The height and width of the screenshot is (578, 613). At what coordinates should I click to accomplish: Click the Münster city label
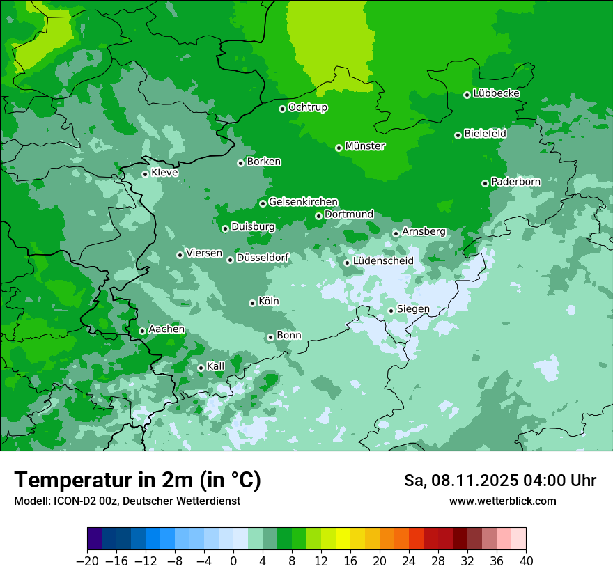[365, 146]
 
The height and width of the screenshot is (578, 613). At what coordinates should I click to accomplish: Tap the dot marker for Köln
[252, 303]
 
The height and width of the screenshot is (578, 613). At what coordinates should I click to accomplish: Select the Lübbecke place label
[496, 93]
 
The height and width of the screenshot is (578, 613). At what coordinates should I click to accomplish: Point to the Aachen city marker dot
[142, 331]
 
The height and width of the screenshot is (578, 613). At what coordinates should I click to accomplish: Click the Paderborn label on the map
[515, 182]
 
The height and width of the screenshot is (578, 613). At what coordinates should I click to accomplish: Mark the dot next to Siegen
[391, 311]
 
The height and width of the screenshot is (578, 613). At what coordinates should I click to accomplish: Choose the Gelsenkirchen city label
[303, 202]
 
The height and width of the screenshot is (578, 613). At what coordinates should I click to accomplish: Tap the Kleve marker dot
[145, 174]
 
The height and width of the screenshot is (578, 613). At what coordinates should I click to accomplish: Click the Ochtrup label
[308, 107]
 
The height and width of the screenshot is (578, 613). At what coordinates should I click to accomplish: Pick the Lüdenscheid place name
[383, 261]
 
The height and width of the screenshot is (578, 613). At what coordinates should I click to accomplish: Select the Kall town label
[216, 366]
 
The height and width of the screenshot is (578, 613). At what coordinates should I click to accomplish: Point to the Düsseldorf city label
[263, 258]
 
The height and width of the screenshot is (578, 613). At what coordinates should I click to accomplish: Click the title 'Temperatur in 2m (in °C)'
[137, 481]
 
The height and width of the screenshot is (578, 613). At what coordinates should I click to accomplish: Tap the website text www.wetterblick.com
[502, 501]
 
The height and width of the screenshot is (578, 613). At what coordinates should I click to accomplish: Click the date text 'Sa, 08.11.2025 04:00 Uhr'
[499, 481]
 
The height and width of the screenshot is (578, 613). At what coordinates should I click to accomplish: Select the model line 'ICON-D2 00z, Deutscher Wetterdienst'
[127, 501]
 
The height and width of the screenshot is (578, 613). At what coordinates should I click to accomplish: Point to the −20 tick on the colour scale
[87, 561]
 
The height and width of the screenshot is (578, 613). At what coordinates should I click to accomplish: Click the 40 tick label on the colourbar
[526, 561]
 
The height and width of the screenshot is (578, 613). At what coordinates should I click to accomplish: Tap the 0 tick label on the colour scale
[233, 561]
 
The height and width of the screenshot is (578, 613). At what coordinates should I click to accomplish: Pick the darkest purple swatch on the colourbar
[94, 539]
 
